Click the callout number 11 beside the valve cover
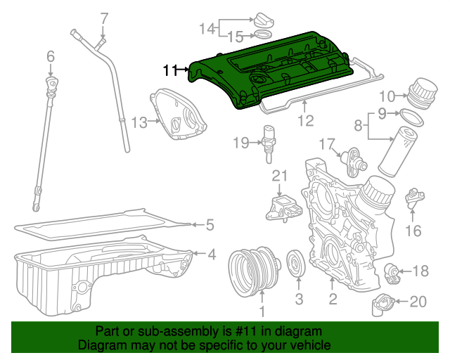[169, 70]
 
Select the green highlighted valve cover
[281, 70]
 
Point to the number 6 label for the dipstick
[51, 56]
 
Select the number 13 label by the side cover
[139, 123]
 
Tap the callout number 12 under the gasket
[304, 120]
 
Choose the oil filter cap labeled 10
[417, 91]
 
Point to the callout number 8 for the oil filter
[357, 127]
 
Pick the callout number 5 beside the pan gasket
[209, 226]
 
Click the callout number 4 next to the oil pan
[211, 254]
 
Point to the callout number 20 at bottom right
[418, 302]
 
